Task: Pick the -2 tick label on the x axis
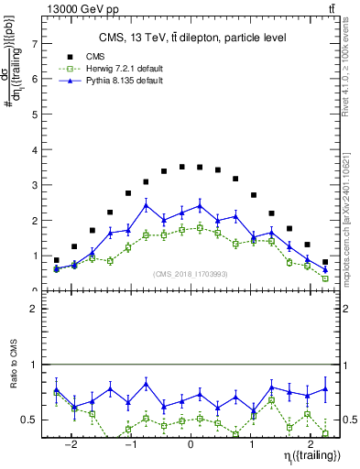coord(71,440)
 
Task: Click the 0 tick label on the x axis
coord(191,440)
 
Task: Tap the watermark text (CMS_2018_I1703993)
coord(191,273)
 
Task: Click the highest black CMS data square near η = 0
coord(182,167)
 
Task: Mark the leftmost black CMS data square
coord(56,260)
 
